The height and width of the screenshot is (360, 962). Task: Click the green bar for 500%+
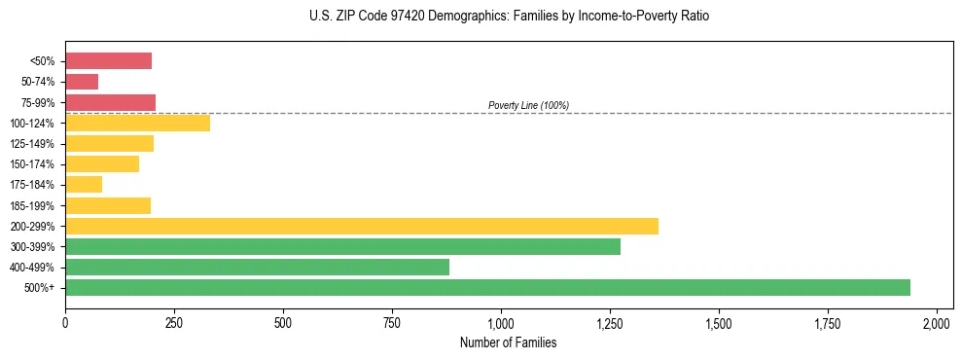coord(487,287)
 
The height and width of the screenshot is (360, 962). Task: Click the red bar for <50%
coord(108,61)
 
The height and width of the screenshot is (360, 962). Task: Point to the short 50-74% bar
coord(82,82)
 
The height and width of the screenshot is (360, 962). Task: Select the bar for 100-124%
coord(137,123)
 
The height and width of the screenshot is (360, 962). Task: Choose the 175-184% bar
coord(84,184)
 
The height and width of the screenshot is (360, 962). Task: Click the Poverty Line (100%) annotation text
coord(528,105)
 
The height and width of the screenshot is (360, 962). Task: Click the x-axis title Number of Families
coord(501,342)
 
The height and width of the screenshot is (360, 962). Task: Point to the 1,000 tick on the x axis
coord(501,322)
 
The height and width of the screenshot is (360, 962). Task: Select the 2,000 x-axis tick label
coord(937,322)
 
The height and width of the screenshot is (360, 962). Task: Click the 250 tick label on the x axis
coord(174,322)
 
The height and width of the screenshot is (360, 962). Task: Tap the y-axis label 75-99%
coord(38,103)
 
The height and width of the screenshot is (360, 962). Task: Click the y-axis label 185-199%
coord(34,205)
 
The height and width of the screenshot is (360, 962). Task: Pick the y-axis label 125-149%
coord(34,144)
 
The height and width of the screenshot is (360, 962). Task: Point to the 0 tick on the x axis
coord(65,322)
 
